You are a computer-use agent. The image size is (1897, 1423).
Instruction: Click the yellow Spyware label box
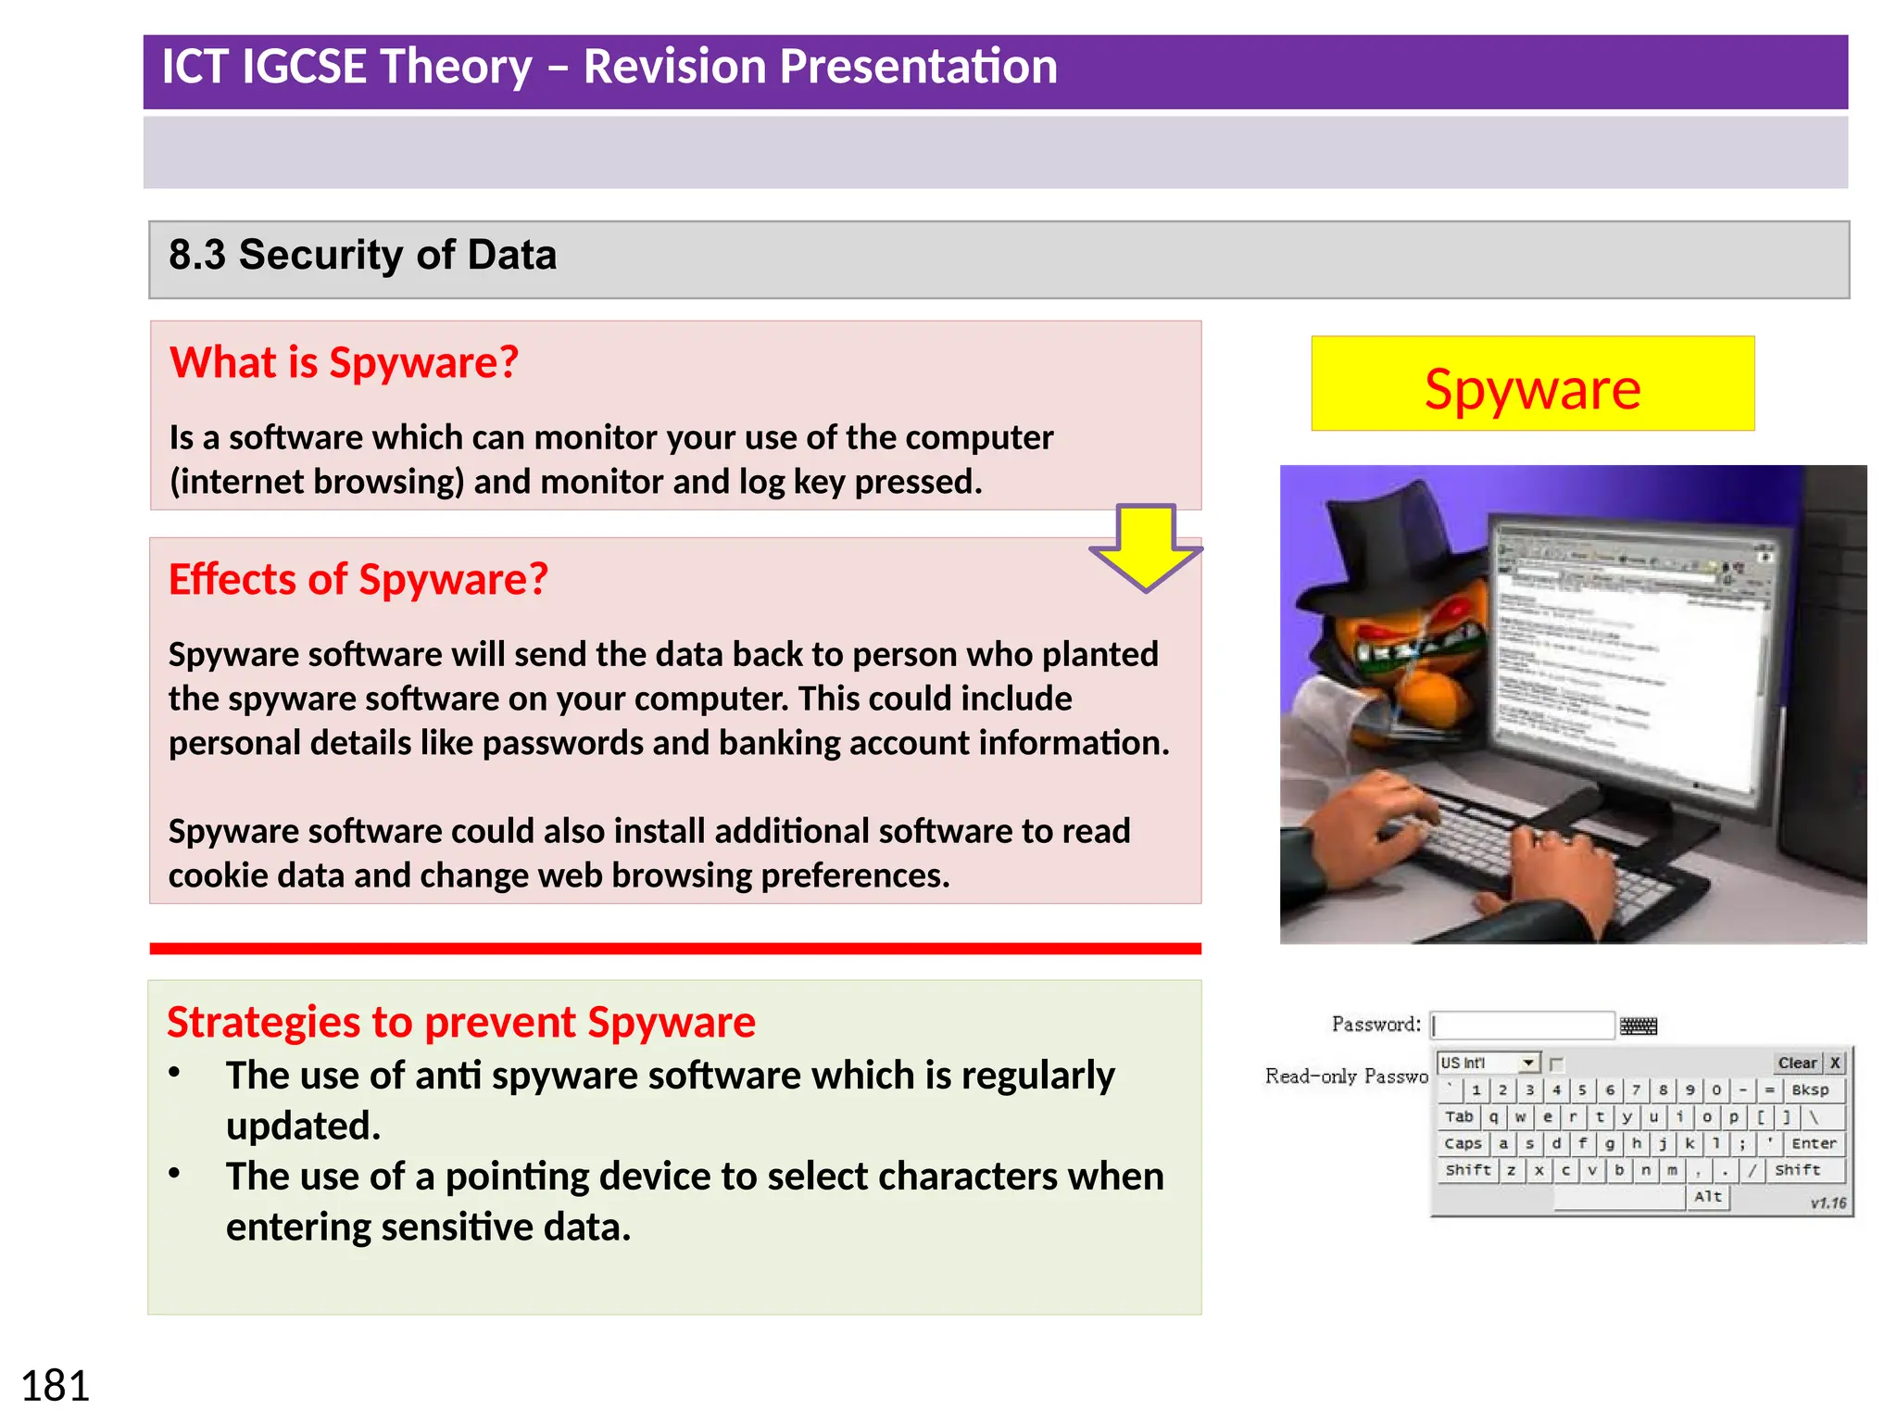(1532, 384)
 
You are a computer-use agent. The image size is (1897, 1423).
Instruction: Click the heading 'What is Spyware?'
(344, 362)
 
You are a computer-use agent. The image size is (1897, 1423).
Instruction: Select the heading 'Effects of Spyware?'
(358, 579)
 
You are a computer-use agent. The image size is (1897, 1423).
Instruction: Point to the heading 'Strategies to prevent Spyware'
(460, 1022)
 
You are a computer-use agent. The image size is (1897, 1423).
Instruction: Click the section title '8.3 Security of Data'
(362, 255)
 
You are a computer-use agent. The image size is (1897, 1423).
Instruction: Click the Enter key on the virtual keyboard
(1813, 1143)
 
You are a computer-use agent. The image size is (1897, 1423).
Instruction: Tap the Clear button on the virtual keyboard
(1796, 1063)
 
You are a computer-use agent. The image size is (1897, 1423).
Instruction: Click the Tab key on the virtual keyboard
(1458, 1116)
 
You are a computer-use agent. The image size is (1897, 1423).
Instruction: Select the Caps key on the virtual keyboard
(1462, 1143)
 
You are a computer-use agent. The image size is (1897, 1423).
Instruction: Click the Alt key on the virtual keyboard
(1707, 1196)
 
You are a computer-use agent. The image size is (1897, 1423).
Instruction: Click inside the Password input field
(1523, 1025)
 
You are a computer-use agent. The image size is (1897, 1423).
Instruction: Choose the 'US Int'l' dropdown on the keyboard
(1487, 1063)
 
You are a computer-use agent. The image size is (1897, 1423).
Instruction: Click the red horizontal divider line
(674, 948)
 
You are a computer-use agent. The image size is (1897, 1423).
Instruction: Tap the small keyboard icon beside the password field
(1638, 1026)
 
